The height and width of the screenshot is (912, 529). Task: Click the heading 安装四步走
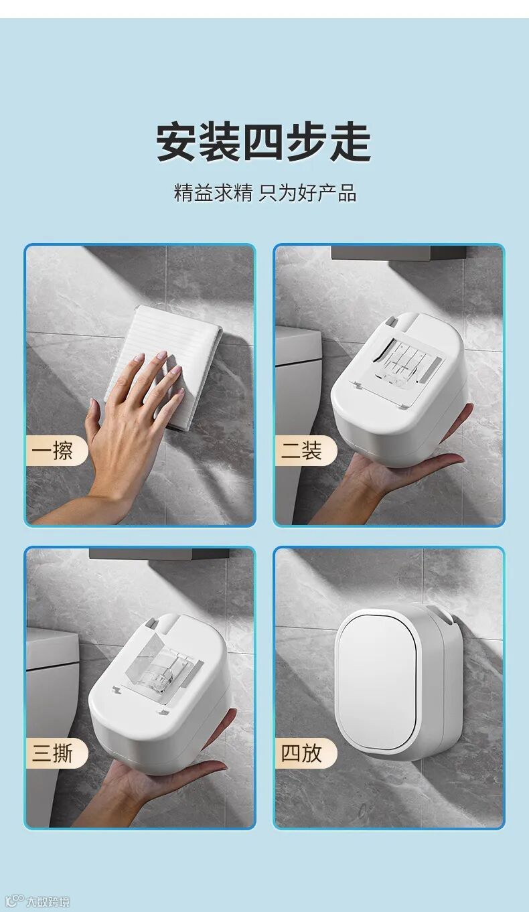[264, 143]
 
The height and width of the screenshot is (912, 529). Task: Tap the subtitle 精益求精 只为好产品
[265, 193]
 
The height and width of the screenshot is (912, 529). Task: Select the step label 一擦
[52, 451]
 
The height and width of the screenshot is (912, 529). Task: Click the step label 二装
[301, 451]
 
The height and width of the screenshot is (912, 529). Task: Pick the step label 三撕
[52, 753]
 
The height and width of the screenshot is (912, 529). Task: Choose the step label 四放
[301, 753]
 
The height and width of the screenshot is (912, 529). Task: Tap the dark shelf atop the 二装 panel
[403, 253]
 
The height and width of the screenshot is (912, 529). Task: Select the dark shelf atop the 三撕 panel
[159, 554]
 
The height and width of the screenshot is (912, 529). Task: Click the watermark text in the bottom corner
[48, 902]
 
